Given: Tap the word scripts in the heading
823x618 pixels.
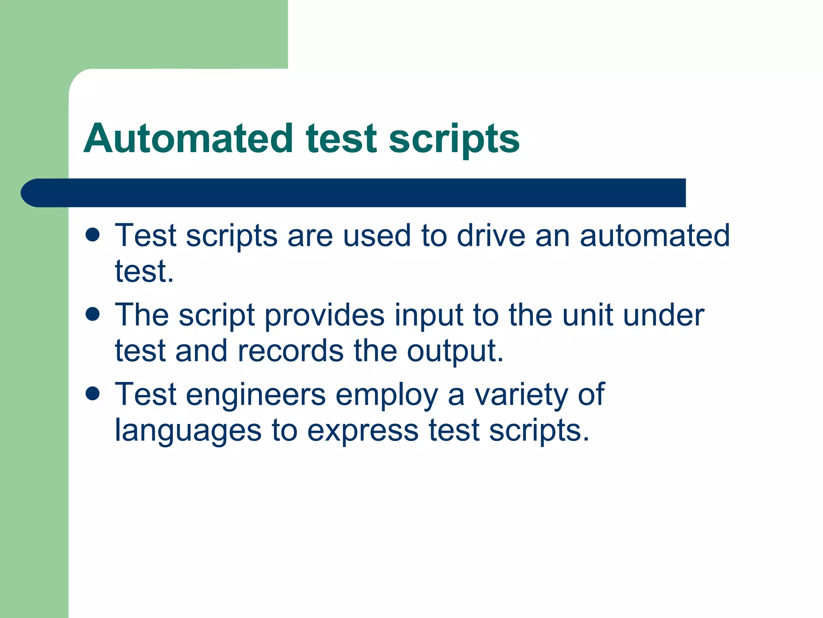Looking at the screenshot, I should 454,139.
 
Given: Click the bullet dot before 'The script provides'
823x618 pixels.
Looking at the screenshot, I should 93,314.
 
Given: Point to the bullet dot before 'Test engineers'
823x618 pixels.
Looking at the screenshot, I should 93,394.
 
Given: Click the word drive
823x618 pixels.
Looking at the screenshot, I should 491,235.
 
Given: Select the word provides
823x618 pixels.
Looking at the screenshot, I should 324,315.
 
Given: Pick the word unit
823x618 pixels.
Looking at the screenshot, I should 587,315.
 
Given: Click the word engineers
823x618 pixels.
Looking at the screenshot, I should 256,395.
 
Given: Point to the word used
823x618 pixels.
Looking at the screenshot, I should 377,235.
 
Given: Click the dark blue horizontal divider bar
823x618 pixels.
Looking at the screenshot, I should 354,193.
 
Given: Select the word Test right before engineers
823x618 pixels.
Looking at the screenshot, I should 145,395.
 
